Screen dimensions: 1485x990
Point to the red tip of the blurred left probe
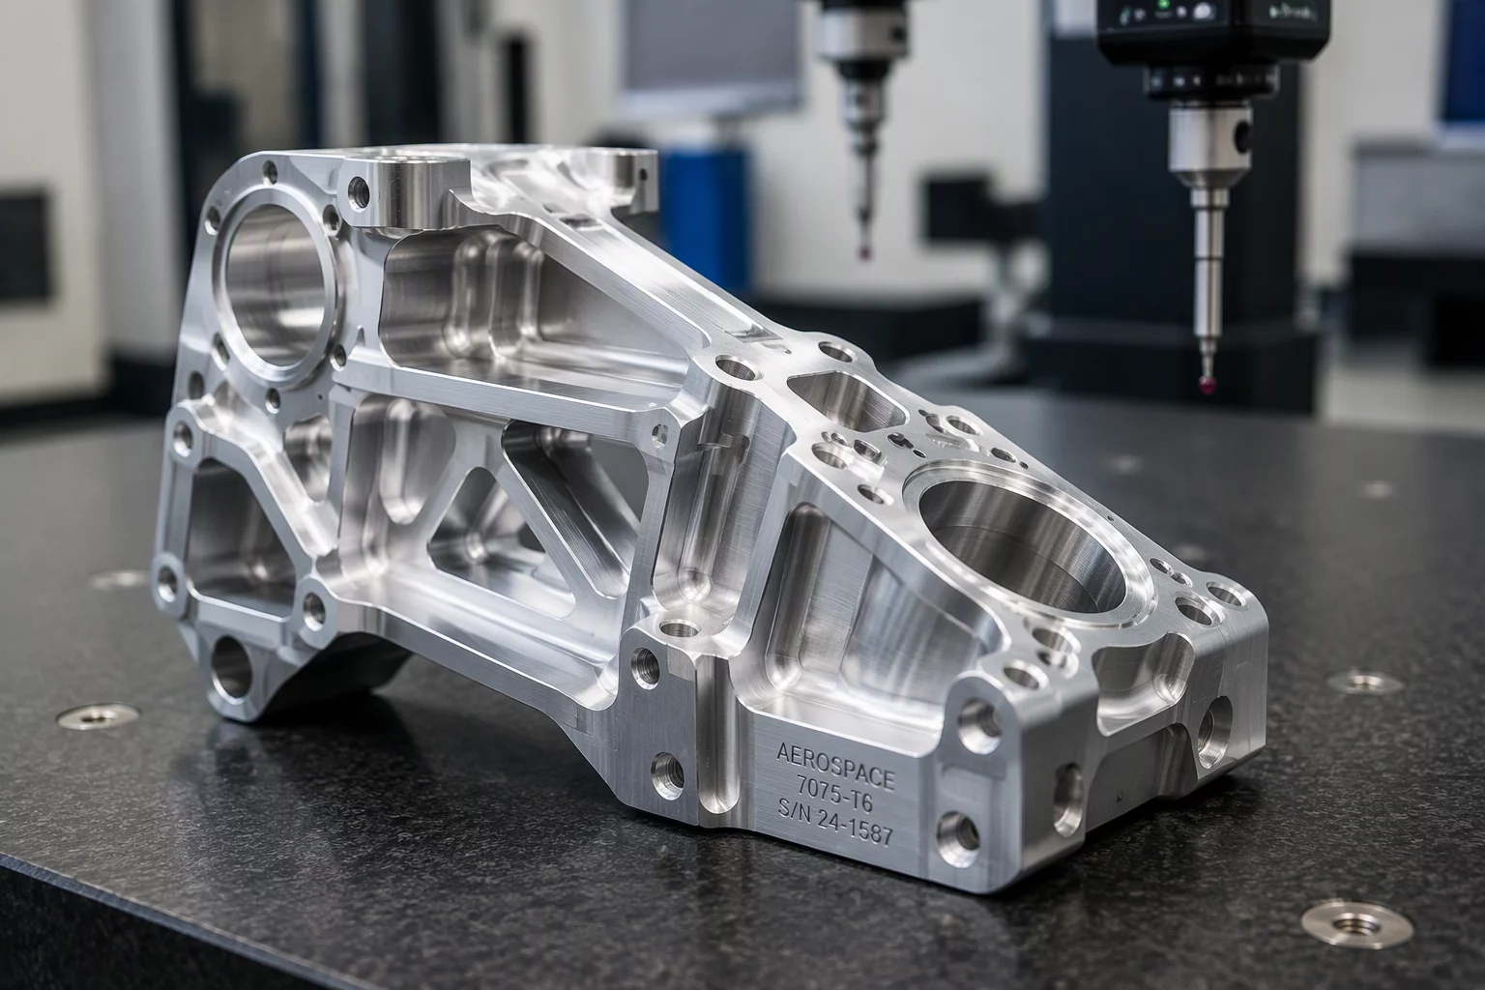862,252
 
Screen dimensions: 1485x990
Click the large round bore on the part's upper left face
277,285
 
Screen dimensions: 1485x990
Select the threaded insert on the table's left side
98,717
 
